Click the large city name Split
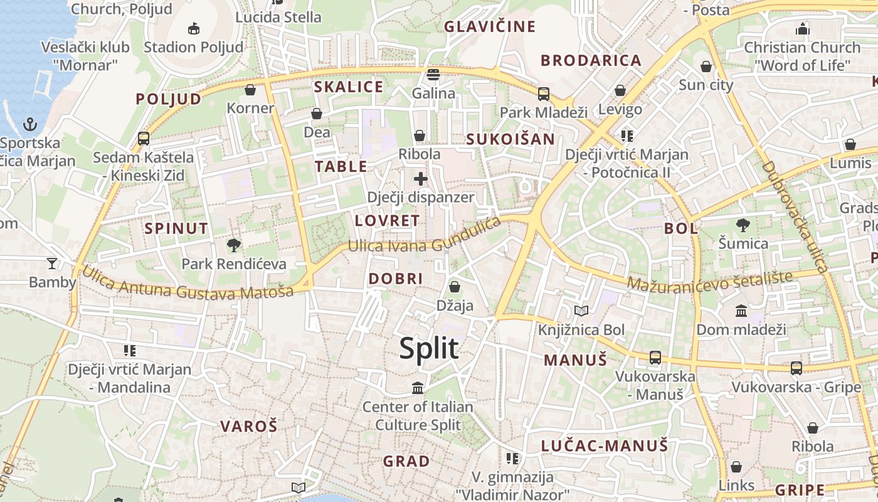tap(429, 348)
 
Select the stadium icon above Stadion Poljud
tap(193, 28)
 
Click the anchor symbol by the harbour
tap(30, 124)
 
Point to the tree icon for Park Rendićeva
tap(234, 245)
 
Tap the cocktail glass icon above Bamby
tap(52, 264)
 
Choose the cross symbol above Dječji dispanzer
tap(420, 179)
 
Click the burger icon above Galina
tap(433, 75)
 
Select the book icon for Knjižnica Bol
tap(581, 311)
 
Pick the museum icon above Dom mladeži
tap(741, 311)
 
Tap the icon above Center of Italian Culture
tap(418, 388)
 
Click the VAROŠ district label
tap(248, 426)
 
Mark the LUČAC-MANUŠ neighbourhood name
tap(605, 446)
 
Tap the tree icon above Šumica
tap(743, 225)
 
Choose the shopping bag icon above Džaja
tap(455, 287)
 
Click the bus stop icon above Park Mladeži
tap(543, 94)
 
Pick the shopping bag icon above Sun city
tap(706, 67)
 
